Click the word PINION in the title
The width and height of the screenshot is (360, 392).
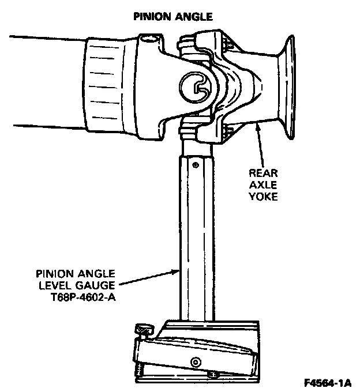coord(152,17)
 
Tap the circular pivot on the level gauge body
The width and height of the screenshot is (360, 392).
coord(196,362)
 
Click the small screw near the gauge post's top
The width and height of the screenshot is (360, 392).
coord(196,165)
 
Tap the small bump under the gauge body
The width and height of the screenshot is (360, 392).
coord(213,375)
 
